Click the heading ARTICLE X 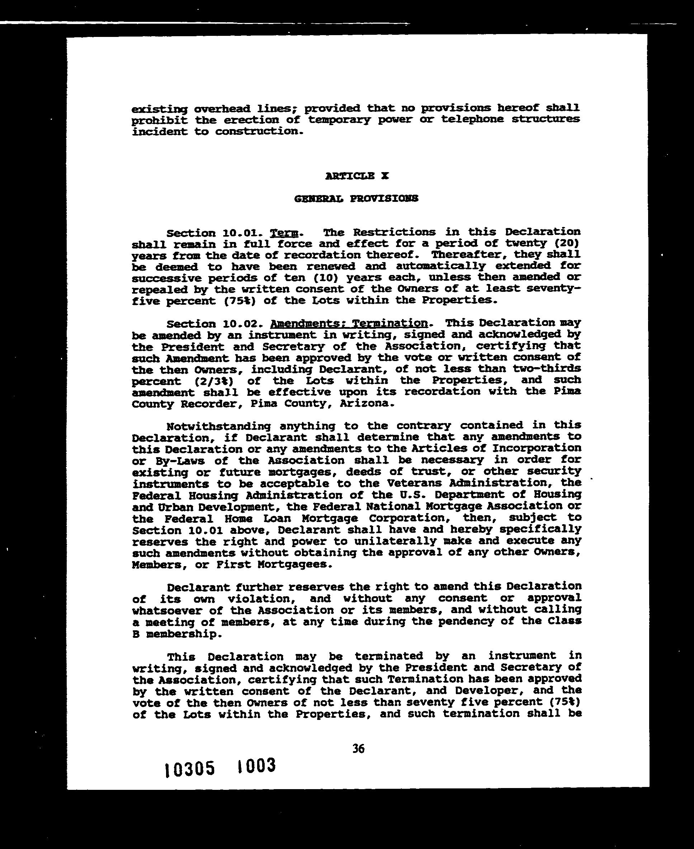tap(357, 176)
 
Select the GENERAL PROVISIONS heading tap(356, 198)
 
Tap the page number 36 tap(359, 748)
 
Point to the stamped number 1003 tap(256, 766)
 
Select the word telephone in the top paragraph tap(472, 119)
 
